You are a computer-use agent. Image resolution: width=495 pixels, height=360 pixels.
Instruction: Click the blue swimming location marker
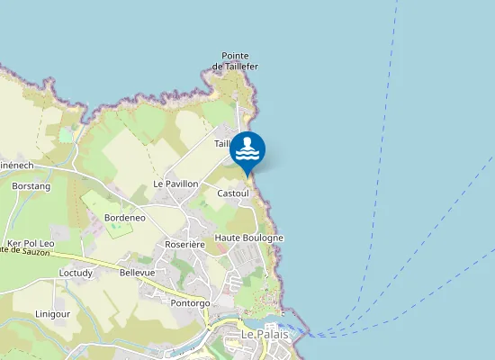pos(247,150)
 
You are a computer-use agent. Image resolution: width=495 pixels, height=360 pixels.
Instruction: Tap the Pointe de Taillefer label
pos(236,61)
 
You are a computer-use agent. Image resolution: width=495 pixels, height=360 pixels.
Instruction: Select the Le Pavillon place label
pos(175,184)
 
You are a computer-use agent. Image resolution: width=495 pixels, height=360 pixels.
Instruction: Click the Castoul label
pos(233,193)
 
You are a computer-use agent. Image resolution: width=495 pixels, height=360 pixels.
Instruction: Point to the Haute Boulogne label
pos(249,238)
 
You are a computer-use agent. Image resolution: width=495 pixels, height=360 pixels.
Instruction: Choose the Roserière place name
pos(185,244)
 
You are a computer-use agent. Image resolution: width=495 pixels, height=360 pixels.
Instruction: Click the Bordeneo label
pos(125,219)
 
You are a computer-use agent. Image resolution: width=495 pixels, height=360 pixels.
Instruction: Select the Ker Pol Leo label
pos(31,244)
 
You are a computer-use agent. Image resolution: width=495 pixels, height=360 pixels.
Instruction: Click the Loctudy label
pos(76,272)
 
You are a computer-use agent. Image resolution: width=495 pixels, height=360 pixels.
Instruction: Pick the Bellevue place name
pos(138,272)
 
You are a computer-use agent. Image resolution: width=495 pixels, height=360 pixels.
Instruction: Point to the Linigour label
pos(54,313)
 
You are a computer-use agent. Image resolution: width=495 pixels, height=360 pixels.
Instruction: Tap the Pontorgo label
pos(190,303)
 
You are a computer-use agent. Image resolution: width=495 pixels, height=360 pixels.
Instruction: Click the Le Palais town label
pos(263,335)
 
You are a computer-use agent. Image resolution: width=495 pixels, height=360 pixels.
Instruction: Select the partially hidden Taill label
pos(223,144)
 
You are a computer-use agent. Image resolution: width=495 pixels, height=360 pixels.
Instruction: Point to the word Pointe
pos(236,56)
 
